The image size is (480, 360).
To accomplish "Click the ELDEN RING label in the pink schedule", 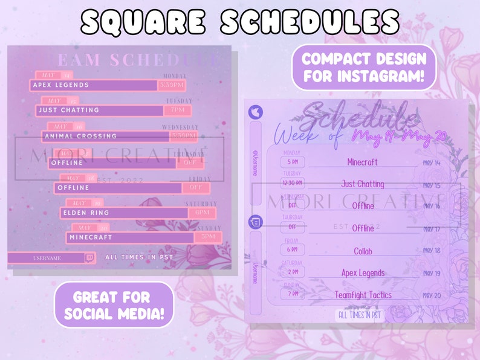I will coord(86,213).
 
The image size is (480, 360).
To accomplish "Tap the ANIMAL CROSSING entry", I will coord(80,137).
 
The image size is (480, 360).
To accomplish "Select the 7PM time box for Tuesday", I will coord(178,111).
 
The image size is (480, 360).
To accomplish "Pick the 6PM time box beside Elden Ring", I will coord(198,213).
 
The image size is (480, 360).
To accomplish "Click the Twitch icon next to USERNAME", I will coord(90,258).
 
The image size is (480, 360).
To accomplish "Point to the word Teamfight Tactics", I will coord(363,295).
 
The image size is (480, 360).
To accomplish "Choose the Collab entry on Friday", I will coord(363,251).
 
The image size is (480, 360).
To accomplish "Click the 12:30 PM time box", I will coord(292,183).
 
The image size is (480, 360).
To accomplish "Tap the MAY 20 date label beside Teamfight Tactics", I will coord(432,295).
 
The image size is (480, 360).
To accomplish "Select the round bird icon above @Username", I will coord(255,112).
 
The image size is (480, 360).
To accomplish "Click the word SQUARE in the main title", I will coord(147,23).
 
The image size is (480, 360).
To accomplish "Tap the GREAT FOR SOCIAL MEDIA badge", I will coord(114,305).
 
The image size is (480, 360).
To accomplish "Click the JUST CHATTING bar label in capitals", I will coord(68,111).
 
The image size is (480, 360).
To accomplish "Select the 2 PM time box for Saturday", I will coord(292,272).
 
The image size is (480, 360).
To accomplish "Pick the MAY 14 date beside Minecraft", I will coord(432,162).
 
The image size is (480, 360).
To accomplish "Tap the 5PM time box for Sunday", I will coord(208,237).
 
